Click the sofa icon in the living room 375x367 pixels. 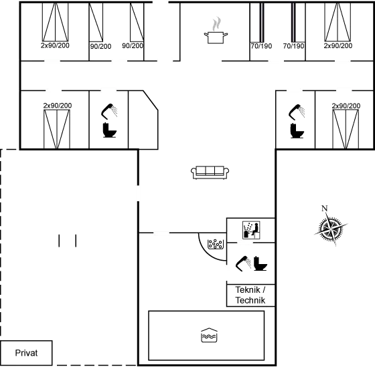(210, 172)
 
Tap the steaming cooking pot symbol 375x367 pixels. (216, 30)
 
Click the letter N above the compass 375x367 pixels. (324, 209)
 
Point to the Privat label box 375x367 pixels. (26, 353)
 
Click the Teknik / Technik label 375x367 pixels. (250, 295)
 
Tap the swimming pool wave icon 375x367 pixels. (209, 335)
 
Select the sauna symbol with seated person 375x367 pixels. (251, 230)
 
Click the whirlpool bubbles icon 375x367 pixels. (216, 244)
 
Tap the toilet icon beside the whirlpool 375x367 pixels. (260, 263)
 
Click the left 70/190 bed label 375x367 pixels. (261, 46)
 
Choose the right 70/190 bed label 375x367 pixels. (294, 46)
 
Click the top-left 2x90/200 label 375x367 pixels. (55, 45)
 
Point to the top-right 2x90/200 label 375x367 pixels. (338, 45)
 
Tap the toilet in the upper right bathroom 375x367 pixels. (297, 130)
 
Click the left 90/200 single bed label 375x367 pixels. (100, 46)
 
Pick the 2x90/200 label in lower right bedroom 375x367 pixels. (346, 106)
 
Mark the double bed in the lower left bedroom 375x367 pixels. (57, 129)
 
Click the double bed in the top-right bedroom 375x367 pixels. (337, 22)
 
